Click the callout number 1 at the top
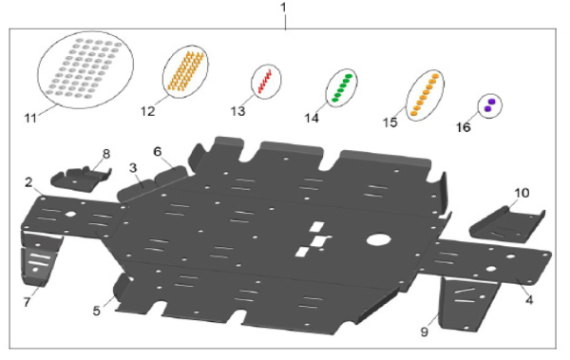click(x=283, y=8)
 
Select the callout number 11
click(x=30, y=118)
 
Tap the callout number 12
click(x=148, y=111)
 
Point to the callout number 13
click(x=238, y=111)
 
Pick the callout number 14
click(x=312, y=118)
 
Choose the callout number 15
click(x=390, y=123)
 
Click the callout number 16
click(x=464, y=127)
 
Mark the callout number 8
click(x=106, y=154)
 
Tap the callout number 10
click(x=522, y=193)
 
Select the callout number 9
click(x=425, y=332)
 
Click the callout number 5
click(x=96, y=311)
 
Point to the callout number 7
click(x=27, y=302)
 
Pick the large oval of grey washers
click(x=38, y=70)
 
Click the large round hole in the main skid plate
click(x=378, y=239)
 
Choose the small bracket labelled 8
click(x=81, y=179)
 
